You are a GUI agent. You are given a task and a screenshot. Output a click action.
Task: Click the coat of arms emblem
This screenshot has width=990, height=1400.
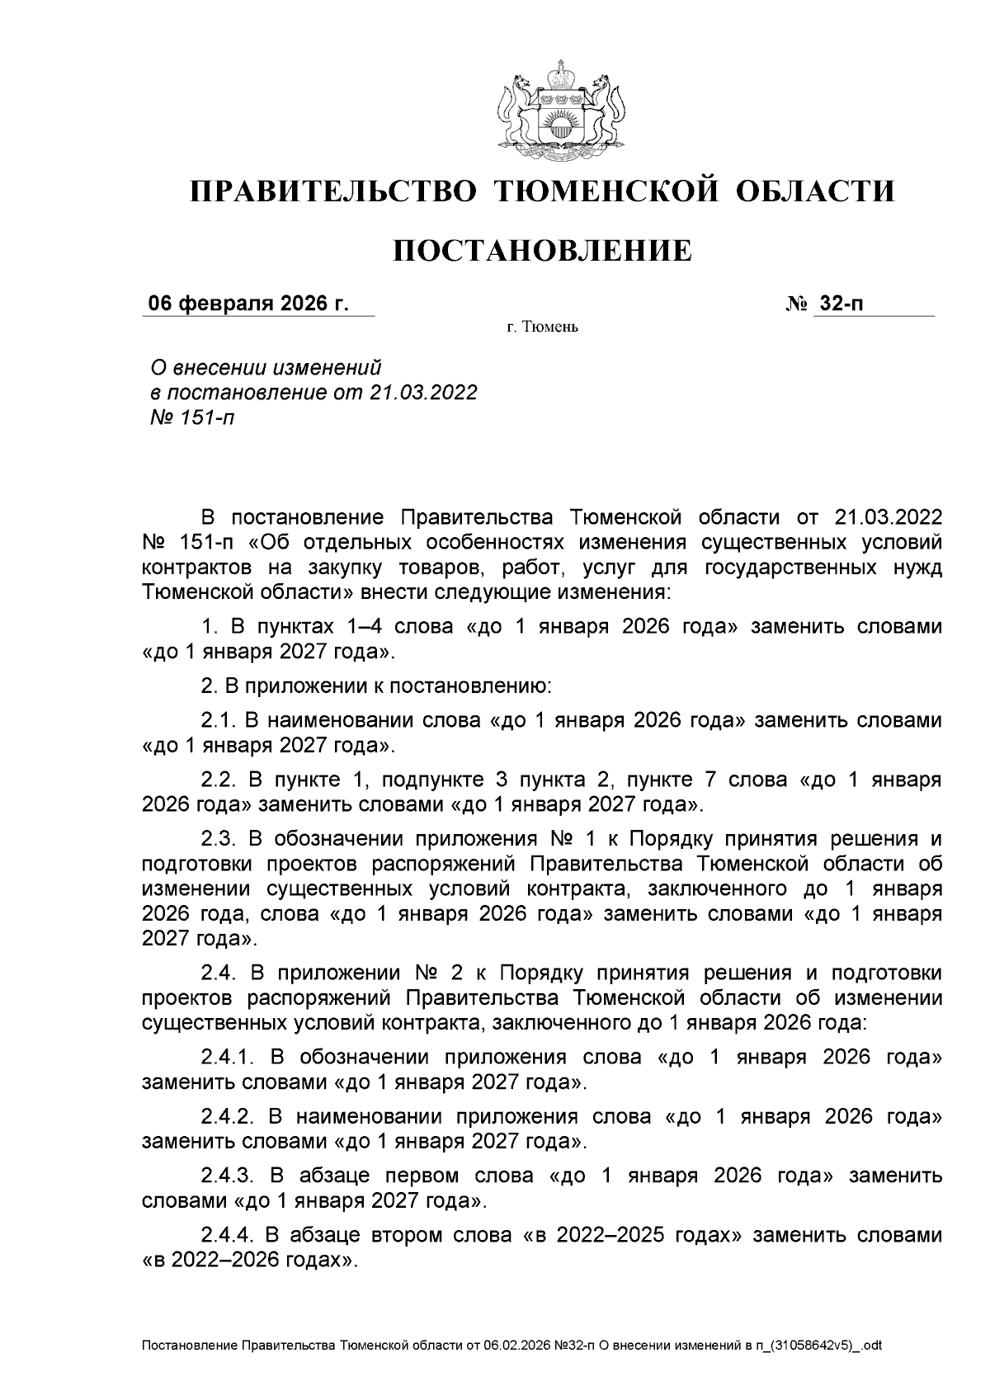(560, 108)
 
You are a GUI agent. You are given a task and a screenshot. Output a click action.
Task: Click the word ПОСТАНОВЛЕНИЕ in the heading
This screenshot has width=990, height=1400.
(541, 251)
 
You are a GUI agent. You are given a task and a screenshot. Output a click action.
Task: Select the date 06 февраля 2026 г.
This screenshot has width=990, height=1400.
(247, 304)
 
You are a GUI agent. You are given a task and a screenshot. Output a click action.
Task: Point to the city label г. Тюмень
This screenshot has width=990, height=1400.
(543, 328)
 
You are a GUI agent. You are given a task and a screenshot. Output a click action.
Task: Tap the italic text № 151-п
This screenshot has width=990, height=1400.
(191, 417)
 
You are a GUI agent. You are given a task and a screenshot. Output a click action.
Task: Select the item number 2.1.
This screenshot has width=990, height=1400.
(219, 720)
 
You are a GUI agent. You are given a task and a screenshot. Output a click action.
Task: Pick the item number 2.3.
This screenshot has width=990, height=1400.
(219, 839)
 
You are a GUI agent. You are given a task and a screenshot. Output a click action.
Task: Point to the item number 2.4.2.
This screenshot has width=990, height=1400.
(230, 1116)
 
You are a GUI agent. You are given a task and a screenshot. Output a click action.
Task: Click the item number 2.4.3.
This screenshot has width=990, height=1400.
(230, 1176)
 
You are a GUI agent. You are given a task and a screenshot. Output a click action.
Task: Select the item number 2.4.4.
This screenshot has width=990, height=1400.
(230, 1235)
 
